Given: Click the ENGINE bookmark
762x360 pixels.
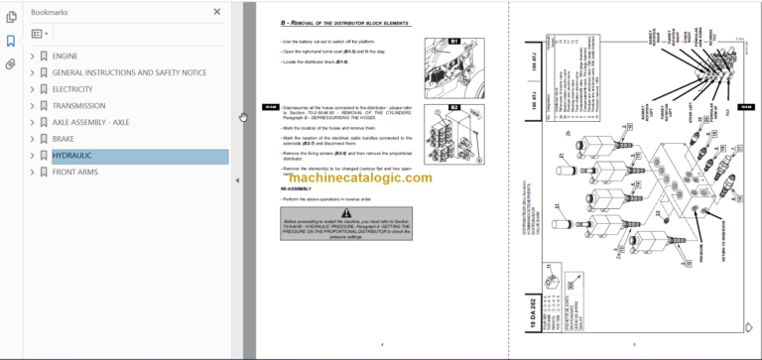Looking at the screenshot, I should click(64, 57).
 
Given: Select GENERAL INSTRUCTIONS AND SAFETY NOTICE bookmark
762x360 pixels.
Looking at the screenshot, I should click(129, 72).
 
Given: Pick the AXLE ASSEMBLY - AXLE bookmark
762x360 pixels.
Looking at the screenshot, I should click(90, 123).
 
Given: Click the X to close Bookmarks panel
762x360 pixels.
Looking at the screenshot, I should click(217, 13).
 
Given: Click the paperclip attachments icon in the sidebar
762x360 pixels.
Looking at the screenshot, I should click(11, 64).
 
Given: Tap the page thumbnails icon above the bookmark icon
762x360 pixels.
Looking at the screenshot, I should click(11, 17).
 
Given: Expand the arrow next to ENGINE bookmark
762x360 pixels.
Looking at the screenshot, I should click(33, 57).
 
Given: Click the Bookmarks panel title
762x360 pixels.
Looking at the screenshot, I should click(50, 13).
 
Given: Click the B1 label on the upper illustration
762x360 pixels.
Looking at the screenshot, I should click(455, 42).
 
